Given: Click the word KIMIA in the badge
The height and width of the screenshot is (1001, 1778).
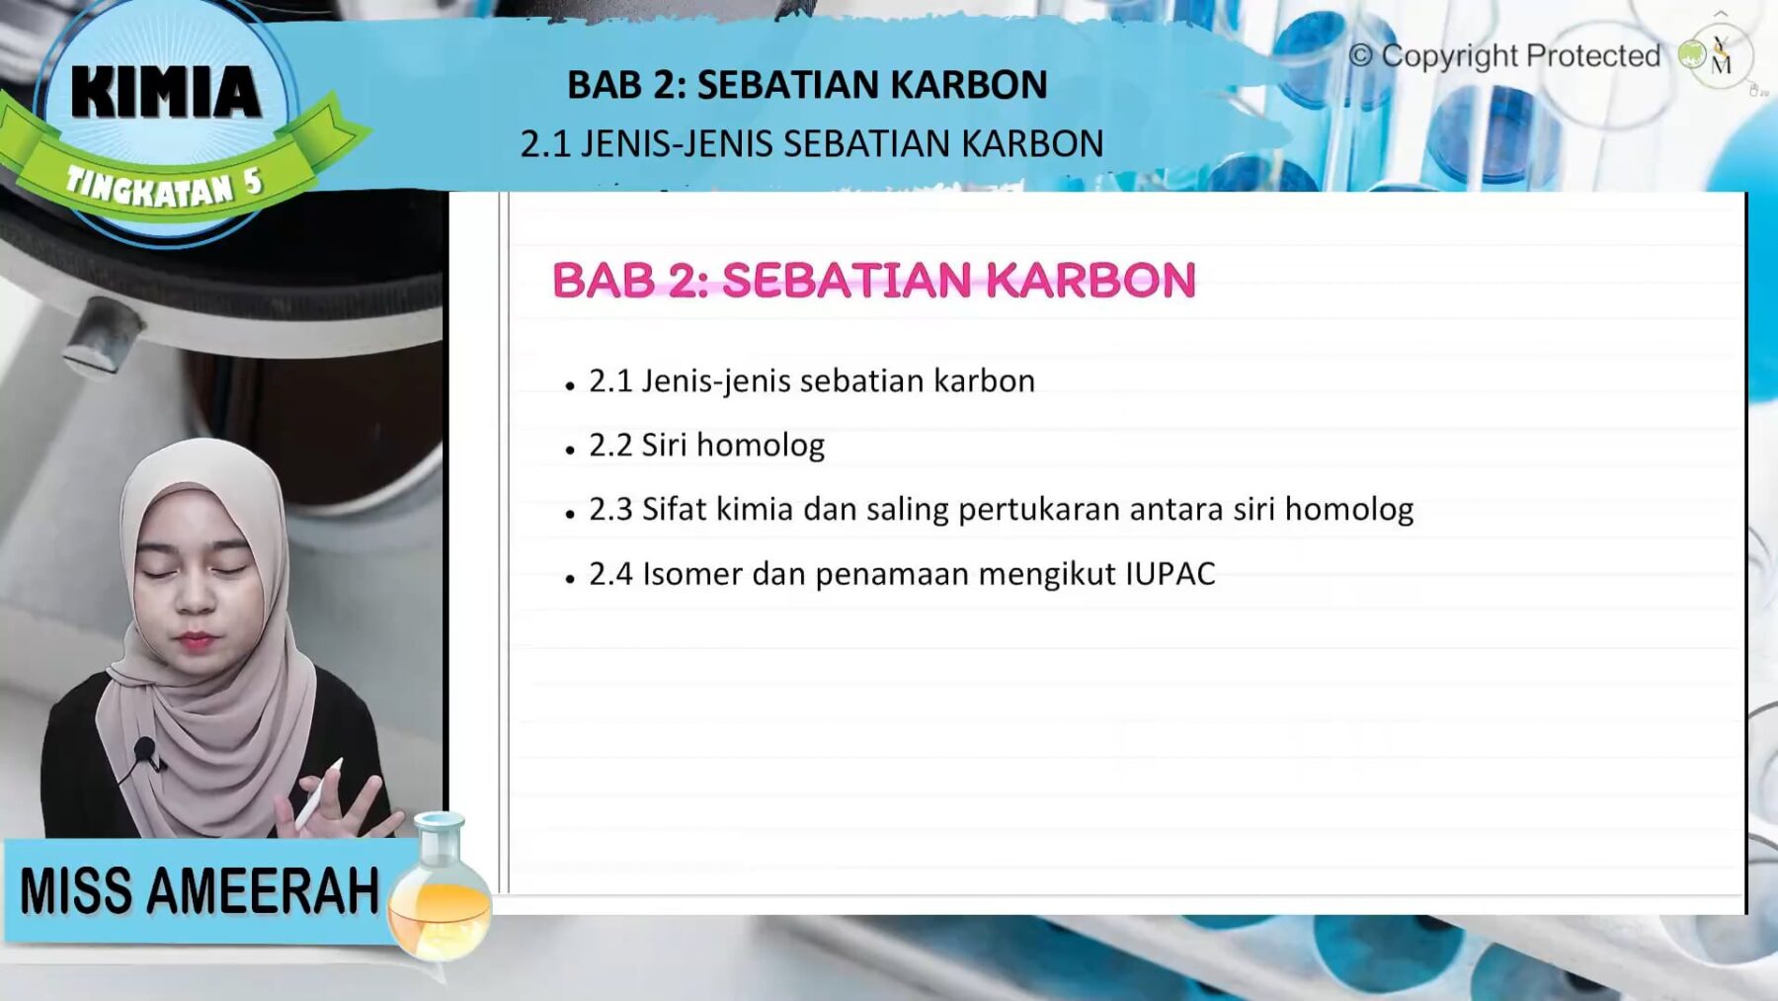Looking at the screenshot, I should coord(166,92).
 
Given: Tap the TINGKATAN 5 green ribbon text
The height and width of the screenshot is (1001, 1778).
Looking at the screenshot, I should coord(163,186).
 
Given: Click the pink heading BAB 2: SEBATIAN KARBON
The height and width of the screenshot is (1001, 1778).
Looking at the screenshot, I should coord(873,281).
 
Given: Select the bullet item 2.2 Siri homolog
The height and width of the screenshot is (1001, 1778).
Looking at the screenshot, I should coord(706,446).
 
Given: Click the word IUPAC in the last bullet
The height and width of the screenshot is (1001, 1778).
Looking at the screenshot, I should coord(1171,574).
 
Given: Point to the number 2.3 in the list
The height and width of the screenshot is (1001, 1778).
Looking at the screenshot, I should coord(609,510).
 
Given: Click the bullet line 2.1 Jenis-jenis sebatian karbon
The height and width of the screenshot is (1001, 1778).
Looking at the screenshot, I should coord(811,381).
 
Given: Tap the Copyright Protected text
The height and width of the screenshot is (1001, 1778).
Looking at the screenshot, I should coord(1520,56).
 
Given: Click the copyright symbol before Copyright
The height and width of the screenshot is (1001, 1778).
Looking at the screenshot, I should coord(1360,56).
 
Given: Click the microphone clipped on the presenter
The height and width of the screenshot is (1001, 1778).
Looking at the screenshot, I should coord(145,751).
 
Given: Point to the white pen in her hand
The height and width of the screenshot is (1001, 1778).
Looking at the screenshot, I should coord(318,795).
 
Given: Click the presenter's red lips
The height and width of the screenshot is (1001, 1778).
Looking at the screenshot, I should coord(196,641).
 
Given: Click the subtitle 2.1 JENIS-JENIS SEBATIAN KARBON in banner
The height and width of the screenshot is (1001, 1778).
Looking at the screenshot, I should coord(811,144).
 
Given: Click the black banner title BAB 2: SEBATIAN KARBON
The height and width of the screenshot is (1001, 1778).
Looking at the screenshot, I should coord(806,85).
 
